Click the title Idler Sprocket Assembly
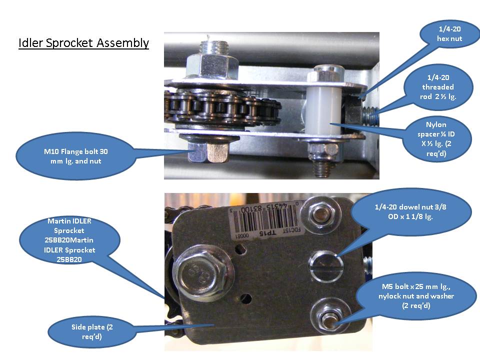83,43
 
